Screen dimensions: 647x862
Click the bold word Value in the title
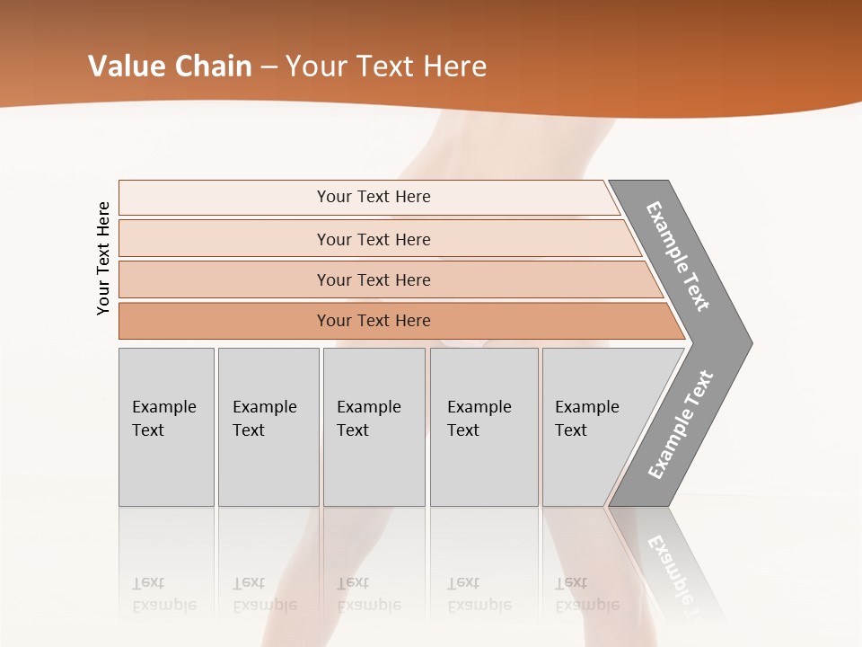(x=125, y=66)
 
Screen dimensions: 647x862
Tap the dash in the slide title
(x=268, y=67)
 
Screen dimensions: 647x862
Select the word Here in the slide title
(x=454, y=66)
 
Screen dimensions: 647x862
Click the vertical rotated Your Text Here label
(x=103, y=258)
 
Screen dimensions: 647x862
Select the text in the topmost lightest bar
(x=374, y=197)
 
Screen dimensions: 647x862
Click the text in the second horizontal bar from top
(x=374, y=239)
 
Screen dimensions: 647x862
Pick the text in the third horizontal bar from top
(x=374, y=279)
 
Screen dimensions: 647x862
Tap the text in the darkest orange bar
(x=374, y=321)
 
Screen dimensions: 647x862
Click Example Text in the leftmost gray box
(x=163, y=418)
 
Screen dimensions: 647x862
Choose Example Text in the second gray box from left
(x=264, y=418)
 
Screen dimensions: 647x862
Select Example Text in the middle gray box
(x=368, y=418)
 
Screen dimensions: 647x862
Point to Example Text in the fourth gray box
(x=479, y=418)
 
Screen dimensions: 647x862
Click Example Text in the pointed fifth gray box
(x=586, y=418)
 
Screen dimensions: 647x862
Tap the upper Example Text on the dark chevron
(x=678, y=256)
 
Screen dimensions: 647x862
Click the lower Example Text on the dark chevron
(x=681, y=425)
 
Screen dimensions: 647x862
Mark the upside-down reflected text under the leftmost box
(x=163, y=594)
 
